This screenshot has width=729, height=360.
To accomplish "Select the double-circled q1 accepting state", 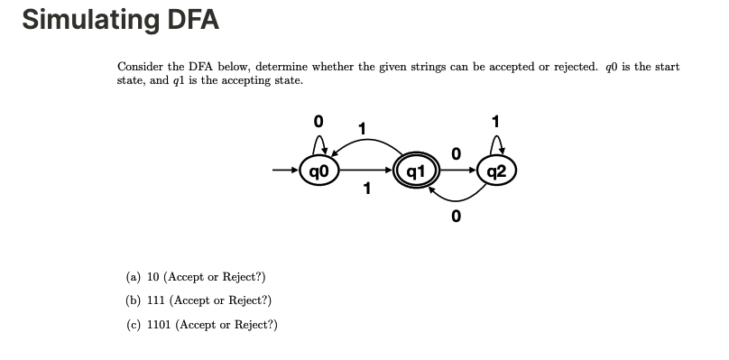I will pyautogui.click(x=415, y=170).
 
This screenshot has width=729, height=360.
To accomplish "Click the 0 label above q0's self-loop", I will pyautogui.click(x=318, y=120).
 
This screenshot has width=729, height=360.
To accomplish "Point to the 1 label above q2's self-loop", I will pyautogui.click(x=496, y=120).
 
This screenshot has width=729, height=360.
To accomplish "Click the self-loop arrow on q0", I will pyautogui.click(x=318, y=144).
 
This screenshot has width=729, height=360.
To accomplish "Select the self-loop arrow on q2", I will pyautogui.click(x=496, y=144).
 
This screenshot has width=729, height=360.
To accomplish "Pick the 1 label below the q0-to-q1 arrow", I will pyautogui.click(x=366, y=188).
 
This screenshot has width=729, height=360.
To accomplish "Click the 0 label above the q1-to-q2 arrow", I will pyautogui.click(x=457, y=155).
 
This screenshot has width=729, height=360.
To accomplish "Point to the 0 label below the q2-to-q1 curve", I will pyautogui.click(x=457, y=216).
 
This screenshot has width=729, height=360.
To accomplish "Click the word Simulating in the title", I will pyautogui.click(x=87, y=19).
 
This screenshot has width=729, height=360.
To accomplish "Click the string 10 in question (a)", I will pyautogui.click(x=152, y=277).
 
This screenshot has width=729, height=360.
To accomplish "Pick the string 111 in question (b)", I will pyautogui.click(x=156, y=300).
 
